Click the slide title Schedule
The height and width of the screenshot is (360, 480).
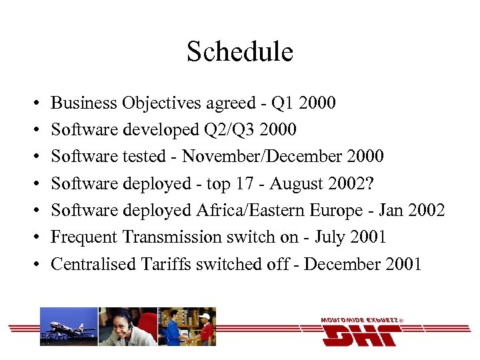pos(240,51)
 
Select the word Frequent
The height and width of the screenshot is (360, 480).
pos(82,237)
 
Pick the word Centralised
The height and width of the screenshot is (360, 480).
pos(94,264)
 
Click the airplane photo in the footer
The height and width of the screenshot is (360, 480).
pos(69,327)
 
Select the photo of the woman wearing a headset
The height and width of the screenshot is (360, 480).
pos(127,327)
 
